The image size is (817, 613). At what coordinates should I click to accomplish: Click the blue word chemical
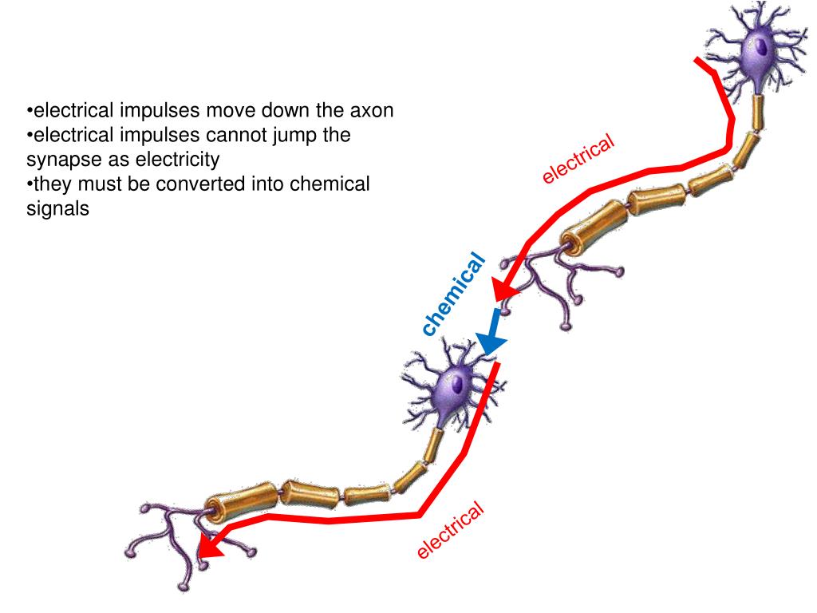[x=453, y=294]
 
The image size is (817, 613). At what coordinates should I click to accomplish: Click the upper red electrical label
[x=578, y=158]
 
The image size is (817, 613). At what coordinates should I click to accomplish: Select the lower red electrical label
[x=451, y=530]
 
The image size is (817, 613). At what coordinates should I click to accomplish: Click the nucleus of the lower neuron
[x=457, y=384]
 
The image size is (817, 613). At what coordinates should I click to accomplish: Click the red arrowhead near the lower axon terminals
[x=210, y=545]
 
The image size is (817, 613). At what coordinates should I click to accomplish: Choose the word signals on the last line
[x=57, y=209]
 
